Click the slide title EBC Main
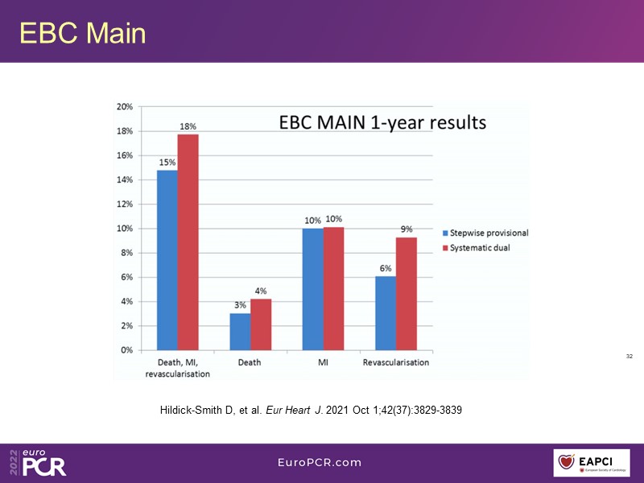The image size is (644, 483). [82, 33]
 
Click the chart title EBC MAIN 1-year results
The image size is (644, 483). [382, 123]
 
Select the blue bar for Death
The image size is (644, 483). [240, 332]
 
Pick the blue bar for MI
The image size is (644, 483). [312, 289]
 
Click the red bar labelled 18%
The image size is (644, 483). [188, 242]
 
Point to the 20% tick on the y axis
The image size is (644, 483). [125, 106]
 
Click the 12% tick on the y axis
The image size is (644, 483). [125, 204]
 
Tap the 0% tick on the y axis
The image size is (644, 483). [126, 350]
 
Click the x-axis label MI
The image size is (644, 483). [323, 363]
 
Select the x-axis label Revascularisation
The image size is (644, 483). [396, 363]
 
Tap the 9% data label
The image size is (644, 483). [407, 229]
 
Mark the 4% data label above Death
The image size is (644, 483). [261, 291]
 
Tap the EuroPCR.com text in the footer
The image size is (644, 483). [320, 463]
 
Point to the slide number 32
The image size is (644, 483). [629, 356]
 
